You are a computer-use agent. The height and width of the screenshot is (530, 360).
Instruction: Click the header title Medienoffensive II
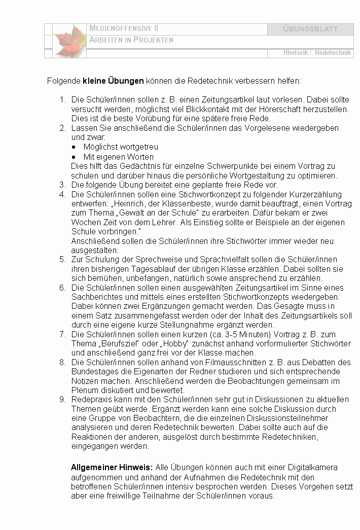click(124, 28)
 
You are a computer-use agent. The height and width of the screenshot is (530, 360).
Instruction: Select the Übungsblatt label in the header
click(310, 29)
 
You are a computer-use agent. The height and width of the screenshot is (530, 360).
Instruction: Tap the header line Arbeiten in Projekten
click(131, 40)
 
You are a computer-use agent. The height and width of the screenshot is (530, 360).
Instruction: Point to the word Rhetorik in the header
click(297, 53)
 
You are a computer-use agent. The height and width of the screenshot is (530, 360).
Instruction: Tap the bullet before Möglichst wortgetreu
click(74, 147)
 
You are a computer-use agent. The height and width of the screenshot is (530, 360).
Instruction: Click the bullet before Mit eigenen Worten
click(74, 157)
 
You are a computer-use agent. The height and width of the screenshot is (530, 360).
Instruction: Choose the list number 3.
click(63, 185)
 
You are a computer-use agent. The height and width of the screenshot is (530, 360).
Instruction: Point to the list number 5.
click(63, 259)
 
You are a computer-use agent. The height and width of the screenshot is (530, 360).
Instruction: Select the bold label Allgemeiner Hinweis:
click(112, 468)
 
